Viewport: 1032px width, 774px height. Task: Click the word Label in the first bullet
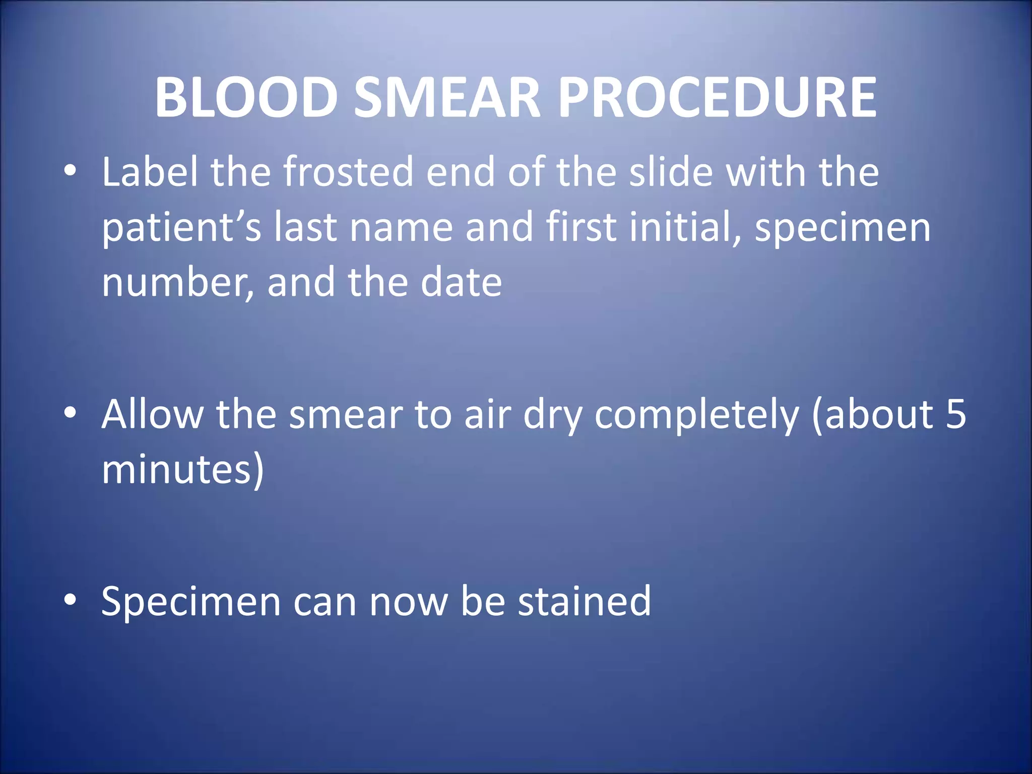point(150,172)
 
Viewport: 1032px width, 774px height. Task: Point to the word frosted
point(348,172)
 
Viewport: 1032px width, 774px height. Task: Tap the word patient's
point(181,227)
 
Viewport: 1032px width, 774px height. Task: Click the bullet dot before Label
point(70,172)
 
